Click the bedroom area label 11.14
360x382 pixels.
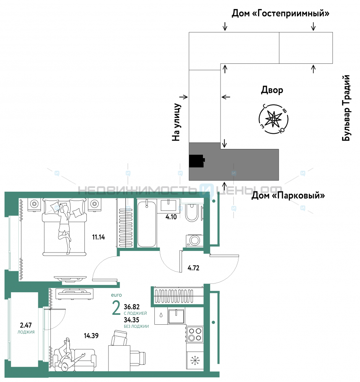click(99, 237)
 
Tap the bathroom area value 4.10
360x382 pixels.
click(171, 217)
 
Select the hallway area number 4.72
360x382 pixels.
click(193, 268)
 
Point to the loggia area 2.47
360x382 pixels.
click(26, 325)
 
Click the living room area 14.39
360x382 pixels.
click(91, 336)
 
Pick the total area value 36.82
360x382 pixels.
click(131, 307)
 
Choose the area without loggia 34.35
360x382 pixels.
click(131, 320)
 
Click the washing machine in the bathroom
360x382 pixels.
click(195, 240)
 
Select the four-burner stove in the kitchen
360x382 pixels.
click(195, 335)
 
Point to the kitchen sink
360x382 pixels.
click(176, 316)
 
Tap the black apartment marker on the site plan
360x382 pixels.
click(197, 161)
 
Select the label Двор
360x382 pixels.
click(272, 90)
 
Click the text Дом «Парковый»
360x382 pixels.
click(288, 195)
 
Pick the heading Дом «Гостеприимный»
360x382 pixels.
click(280, 13)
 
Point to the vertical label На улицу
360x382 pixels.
click(176, 122)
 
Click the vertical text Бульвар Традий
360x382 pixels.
click(346, 108)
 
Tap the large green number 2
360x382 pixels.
click(116, 308)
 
